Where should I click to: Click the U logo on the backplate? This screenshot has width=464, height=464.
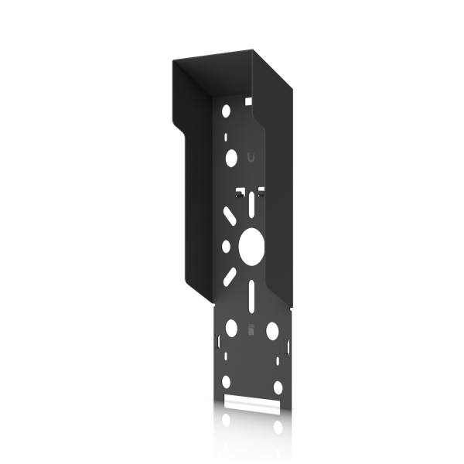tap(251, 158)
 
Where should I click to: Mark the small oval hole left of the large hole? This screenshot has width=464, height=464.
tap(225, 247)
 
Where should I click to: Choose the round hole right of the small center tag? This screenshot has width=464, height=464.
tap(271, 331)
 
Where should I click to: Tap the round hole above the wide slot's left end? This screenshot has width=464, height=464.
tap(226, 383)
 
